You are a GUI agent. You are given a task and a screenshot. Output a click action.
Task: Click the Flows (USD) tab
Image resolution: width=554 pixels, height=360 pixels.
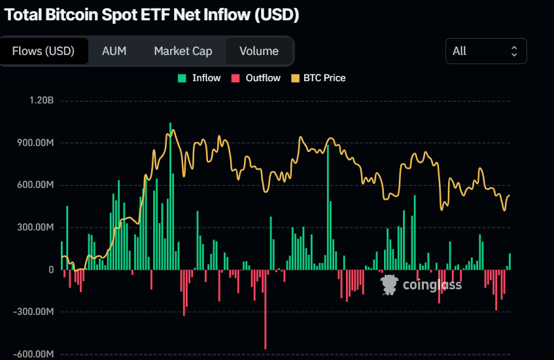pos(44,51)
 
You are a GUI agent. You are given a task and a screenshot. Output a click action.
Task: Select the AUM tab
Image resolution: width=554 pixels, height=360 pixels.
pos(114,51)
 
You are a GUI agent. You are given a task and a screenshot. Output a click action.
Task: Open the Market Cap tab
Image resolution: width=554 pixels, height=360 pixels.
pos(183,51)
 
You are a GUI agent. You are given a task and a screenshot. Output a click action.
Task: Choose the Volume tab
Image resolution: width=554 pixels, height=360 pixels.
pos(259,51)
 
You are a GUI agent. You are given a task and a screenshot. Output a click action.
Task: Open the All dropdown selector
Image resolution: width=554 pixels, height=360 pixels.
pos(485,51)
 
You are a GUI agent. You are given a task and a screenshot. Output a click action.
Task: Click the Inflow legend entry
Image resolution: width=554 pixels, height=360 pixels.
pos(199,78)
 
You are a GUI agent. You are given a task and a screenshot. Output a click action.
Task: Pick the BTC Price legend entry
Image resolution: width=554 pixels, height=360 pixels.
pos(318,78)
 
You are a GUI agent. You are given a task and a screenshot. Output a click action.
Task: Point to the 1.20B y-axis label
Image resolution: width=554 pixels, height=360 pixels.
pos(41,101)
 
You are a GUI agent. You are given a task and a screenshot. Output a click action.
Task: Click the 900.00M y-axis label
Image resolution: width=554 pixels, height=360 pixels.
pos(35,143)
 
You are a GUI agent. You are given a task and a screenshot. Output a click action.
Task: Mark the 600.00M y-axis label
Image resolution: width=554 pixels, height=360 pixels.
pos(35,185)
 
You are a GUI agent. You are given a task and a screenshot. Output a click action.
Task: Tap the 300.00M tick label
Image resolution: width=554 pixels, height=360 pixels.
pos(35,228)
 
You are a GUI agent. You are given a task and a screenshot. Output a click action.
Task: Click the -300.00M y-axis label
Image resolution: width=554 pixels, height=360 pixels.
pos(33,312)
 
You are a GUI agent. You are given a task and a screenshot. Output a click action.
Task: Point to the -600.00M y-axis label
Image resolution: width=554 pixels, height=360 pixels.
pos(33,355)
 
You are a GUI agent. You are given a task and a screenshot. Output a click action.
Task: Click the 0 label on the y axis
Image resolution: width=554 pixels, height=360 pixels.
pos(50,270)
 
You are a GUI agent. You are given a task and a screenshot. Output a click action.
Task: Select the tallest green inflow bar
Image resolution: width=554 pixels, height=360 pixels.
pos(170,196)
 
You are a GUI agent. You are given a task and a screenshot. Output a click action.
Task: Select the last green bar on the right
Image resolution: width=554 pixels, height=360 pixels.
pos(510,262)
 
